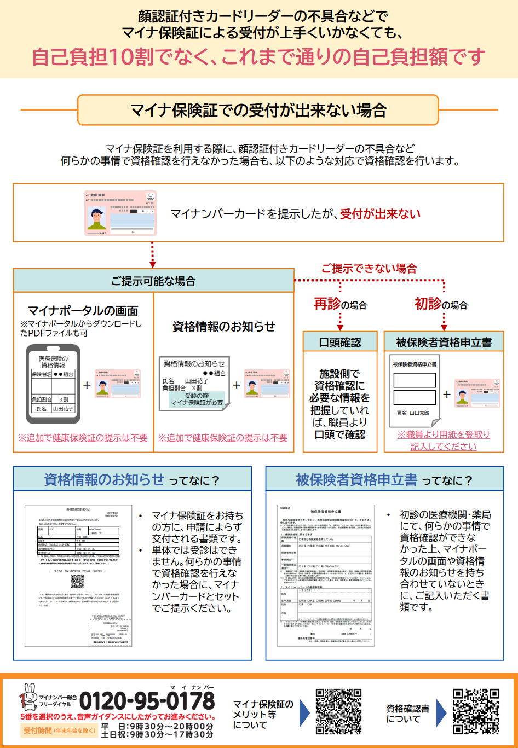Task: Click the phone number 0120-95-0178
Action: coord(147,701)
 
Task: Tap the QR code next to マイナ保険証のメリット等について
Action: coord(338,711)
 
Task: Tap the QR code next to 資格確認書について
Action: coord(476,711)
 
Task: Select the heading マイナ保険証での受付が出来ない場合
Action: coord(258,110)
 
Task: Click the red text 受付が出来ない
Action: coord(380,214)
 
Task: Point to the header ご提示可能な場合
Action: coord(153,281)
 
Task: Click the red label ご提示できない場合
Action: coord(369,269)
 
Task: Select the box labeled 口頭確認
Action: coord(340,342)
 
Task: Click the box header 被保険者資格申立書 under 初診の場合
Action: coord(444,342)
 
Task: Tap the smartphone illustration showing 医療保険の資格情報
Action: coord(53,384)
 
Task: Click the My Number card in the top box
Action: coord(120,213)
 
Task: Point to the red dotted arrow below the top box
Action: coord(153,254)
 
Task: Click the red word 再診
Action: coord(327,304)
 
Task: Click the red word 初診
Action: coord(428,304)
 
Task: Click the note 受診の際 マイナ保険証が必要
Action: coord(197,399)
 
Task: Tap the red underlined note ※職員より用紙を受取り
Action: coord(444,434)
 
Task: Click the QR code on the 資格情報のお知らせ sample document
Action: coord(77,581)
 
